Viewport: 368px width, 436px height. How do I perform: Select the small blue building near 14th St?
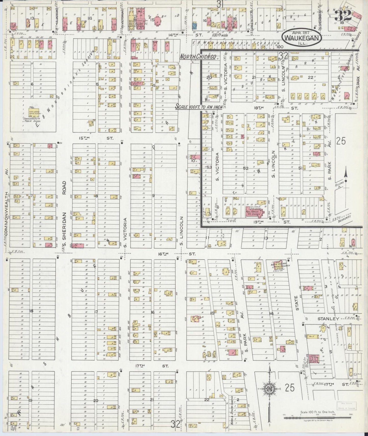point(195,25)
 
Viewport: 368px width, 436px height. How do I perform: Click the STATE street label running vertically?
point(296,304)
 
